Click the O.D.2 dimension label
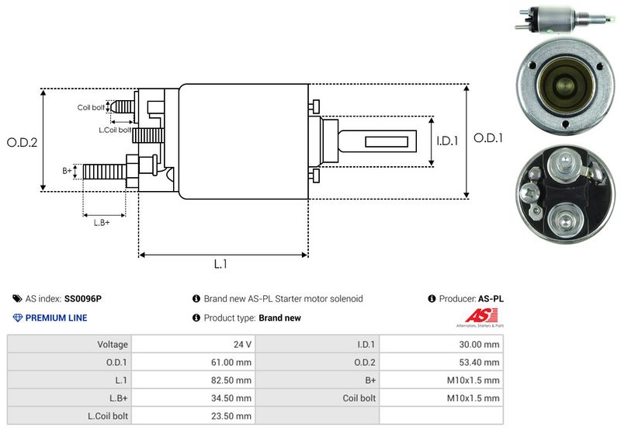tap(22, 142)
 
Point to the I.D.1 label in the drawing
tap(448, 141)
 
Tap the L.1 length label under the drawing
tap(220, 264)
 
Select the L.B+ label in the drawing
tap(101, 223)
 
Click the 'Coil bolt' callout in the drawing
tap(91, 107)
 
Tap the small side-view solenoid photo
tap(557, 19)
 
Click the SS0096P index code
tap(83, 298)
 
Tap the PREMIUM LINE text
tap(56, 318)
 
